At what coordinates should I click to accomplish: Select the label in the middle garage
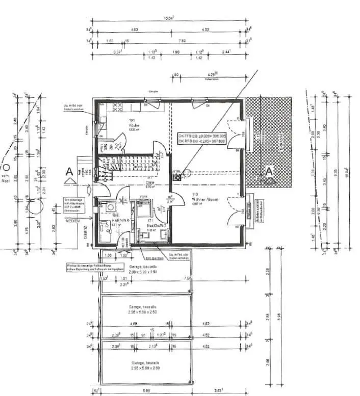[x=144, y=309]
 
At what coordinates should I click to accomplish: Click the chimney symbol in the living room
[x=178, y=178]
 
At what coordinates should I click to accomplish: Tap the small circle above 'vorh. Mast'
[x=6, y=168]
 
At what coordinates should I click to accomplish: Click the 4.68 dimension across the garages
[x=134, y=324]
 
